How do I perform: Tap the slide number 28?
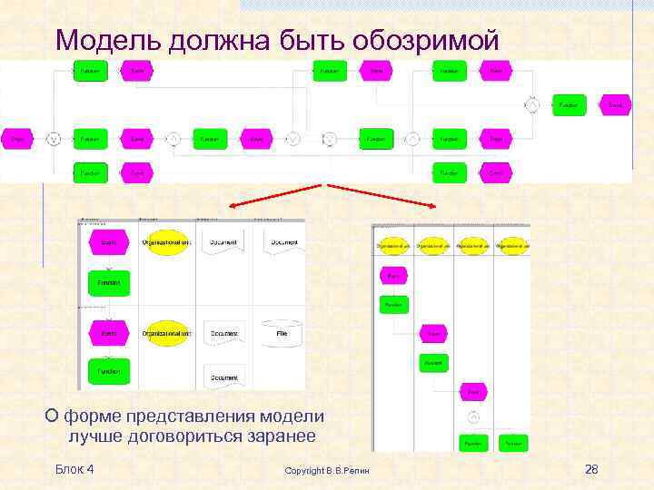pyautogui.click(x=591, y=469)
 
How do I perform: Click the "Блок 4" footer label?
pyautogui.click(x=74, y=469)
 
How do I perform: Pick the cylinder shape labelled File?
pyautogui.click(x=282, y=335)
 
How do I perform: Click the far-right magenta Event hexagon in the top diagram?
pyautogui.click(x=615, y=105)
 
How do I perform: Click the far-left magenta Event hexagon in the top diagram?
pyautogui.click(x=16, y=139)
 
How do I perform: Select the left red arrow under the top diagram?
pyautogui.click(x=275, y=196)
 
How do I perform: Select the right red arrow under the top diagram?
pyautogui.click(x=381, y=196)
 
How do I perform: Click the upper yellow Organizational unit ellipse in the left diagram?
pyautogui.click(x=166, y=242)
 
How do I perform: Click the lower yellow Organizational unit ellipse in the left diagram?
pyautogui.click(x=166, y=334)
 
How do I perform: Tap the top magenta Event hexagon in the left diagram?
pyautogui.click(x=109, y=242)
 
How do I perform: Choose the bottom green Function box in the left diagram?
pyautogui.click(x=109, y=370)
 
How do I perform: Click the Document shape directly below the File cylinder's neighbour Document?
pyautogui.click(x=223, y=376)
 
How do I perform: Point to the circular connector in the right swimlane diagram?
pyautogui.click(x=473, y=418)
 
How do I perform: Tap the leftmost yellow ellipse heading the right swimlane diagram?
pyautogui.click(x=392, y=246)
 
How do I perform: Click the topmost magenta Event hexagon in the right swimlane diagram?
pyautogui.click(x=393, y=275)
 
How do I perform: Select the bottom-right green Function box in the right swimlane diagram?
pyautogui.click(x=513, y=444)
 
